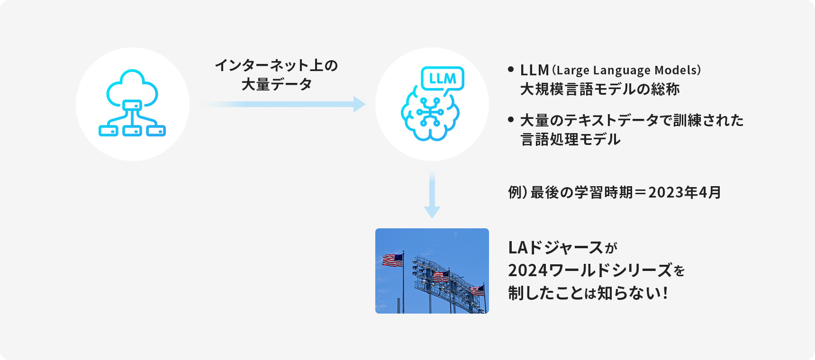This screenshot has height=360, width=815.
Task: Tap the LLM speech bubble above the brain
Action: tap(443, 79)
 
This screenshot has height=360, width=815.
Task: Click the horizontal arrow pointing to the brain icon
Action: tap(284, 104)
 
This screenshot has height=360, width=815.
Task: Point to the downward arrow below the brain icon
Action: tap(432, 194)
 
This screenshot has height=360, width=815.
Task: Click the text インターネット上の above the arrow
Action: tap(276, 65)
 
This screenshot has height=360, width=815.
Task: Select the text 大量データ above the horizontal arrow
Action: tap(276, 85)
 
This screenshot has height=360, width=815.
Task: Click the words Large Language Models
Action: tap(626, 70)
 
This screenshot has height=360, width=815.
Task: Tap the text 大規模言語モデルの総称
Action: tap(600, 89)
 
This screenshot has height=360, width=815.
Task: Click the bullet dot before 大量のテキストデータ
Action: tap(510, 119)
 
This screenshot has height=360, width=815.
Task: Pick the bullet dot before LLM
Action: tap(510, 69)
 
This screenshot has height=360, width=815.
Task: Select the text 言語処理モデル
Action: tap(570, 139)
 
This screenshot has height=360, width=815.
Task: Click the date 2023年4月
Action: tap(684, 192)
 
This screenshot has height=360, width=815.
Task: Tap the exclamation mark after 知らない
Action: tap(666, 293)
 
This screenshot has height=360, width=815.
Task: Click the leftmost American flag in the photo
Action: tap(392, 260)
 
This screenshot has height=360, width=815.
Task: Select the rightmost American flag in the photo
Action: tap(477, 290)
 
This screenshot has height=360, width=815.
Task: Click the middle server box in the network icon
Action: tap(132, 130)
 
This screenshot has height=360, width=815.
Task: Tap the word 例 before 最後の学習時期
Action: tap(515, 192)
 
